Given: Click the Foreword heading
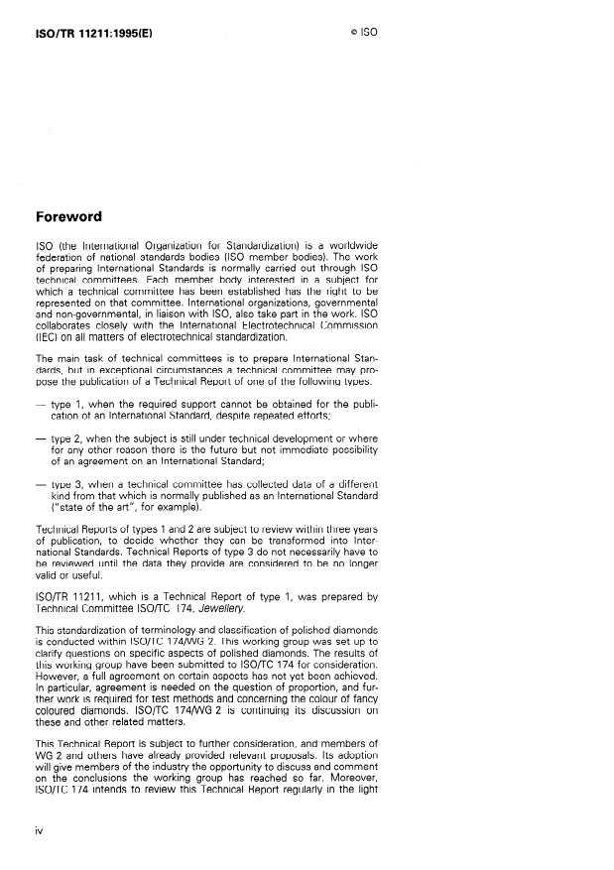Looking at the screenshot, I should [x=68, y=216].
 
